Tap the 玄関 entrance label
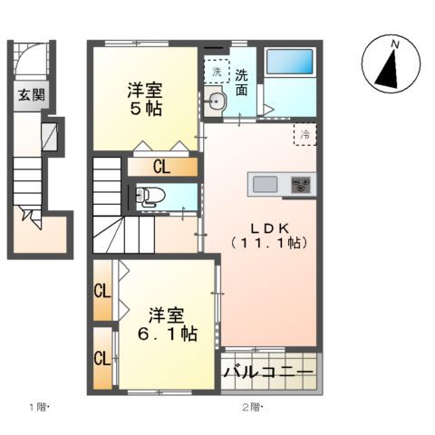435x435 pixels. pos(28,94)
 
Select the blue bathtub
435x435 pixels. pos(289,63)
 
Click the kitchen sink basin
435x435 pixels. pos(266,185)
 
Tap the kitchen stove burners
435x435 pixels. pos(300,185)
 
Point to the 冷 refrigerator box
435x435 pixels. pos(305,135)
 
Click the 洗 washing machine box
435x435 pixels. pos(216,70)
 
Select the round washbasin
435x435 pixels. pos(216,102)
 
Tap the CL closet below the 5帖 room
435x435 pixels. pos(161,167)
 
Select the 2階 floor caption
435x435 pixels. pos(250,407)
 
